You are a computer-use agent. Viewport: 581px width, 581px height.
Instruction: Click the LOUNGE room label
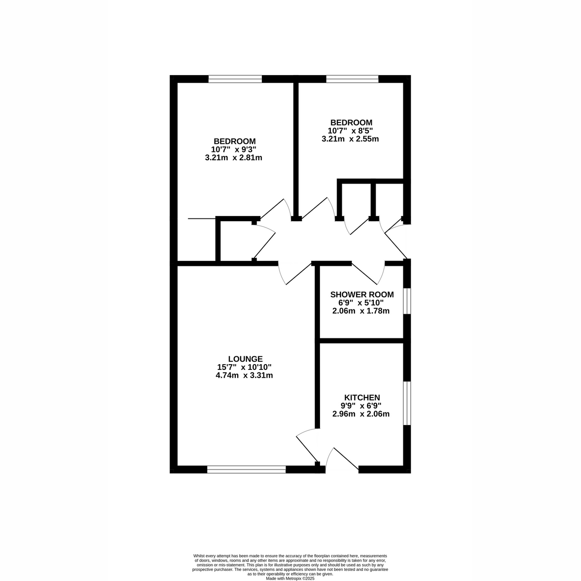click(x=245, y=359)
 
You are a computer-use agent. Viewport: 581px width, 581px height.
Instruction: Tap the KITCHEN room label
click(x=362, y=398)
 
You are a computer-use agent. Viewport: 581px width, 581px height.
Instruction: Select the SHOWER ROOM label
click(x=362, y=294)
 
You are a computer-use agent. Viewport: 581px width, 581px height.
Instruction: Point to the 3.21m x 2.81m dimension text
click(x=233, y=157)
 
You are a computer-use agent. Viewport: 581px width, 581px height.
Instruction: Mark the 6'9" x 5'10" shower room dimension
click(x=360, y=303)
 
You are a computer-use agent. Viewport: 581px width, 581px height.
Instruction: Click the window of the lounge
click(x=246, y=468)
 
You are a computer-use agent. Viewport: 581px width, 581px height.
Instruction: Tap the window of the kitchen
click(x=407, y=403)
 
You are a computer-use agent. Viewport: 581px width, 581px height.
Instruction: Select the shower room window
click(x=407, y=301)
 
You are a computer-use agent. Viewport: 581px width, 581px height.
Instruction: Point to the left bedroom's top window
click(x=235, y=79)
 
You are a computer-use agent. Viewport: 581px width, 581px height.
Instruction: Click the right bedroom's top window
click(x=352, y=78)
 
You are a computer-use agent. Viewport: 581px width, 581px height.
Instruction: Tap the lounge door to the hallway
click(x=295, y=274)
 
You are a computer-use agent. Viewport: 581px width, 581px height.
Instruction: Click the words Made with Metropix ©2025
click(x=290, y=578)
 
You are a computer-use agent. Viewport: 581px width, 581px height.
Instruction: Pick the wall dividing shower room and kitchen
click(x=361, y=341)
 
